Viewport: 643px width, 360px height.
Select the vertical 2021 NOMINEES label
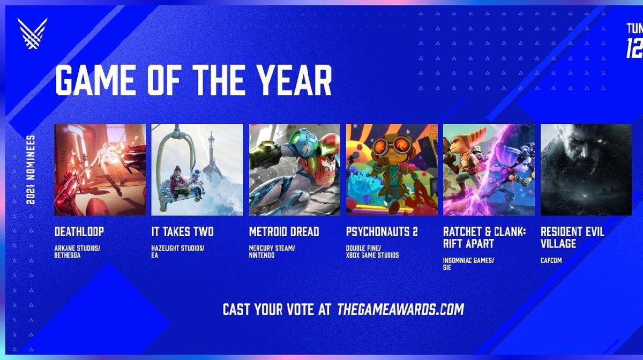tap(31, 169)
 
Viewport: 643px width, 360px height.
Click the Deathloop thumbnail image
tap(100, 170)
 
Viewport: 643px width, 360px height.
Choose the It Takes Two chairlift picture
tap(197, 170)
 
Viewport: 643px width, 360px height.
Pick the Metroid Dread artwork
tap(294, 170)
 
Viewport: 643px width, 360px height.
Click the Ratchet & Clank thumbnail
tap(489, 170)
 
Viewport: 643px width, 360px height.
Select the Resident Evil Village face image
tap(586, 170)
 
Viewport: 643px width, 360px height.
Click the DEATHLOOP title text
tap(79, 232)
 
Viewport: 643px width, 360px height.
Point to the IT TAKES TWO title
tap(182, 232)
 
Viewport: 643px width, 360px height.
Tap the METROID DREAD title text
tap(284, 232)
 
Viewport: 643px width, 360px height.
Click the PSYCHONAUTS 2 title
tap(382, 232)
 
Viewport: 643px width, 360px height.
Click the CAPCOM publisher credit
tap(552, 261)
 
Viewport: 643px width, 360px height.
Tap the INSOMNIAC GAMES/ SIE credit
tap(468, 264)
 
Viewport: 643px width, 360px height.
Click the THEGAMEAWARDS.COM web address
tap(400, 309)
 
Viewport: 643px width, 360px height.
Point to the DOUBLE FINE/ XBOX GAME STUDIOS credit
tap(372, 252)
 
